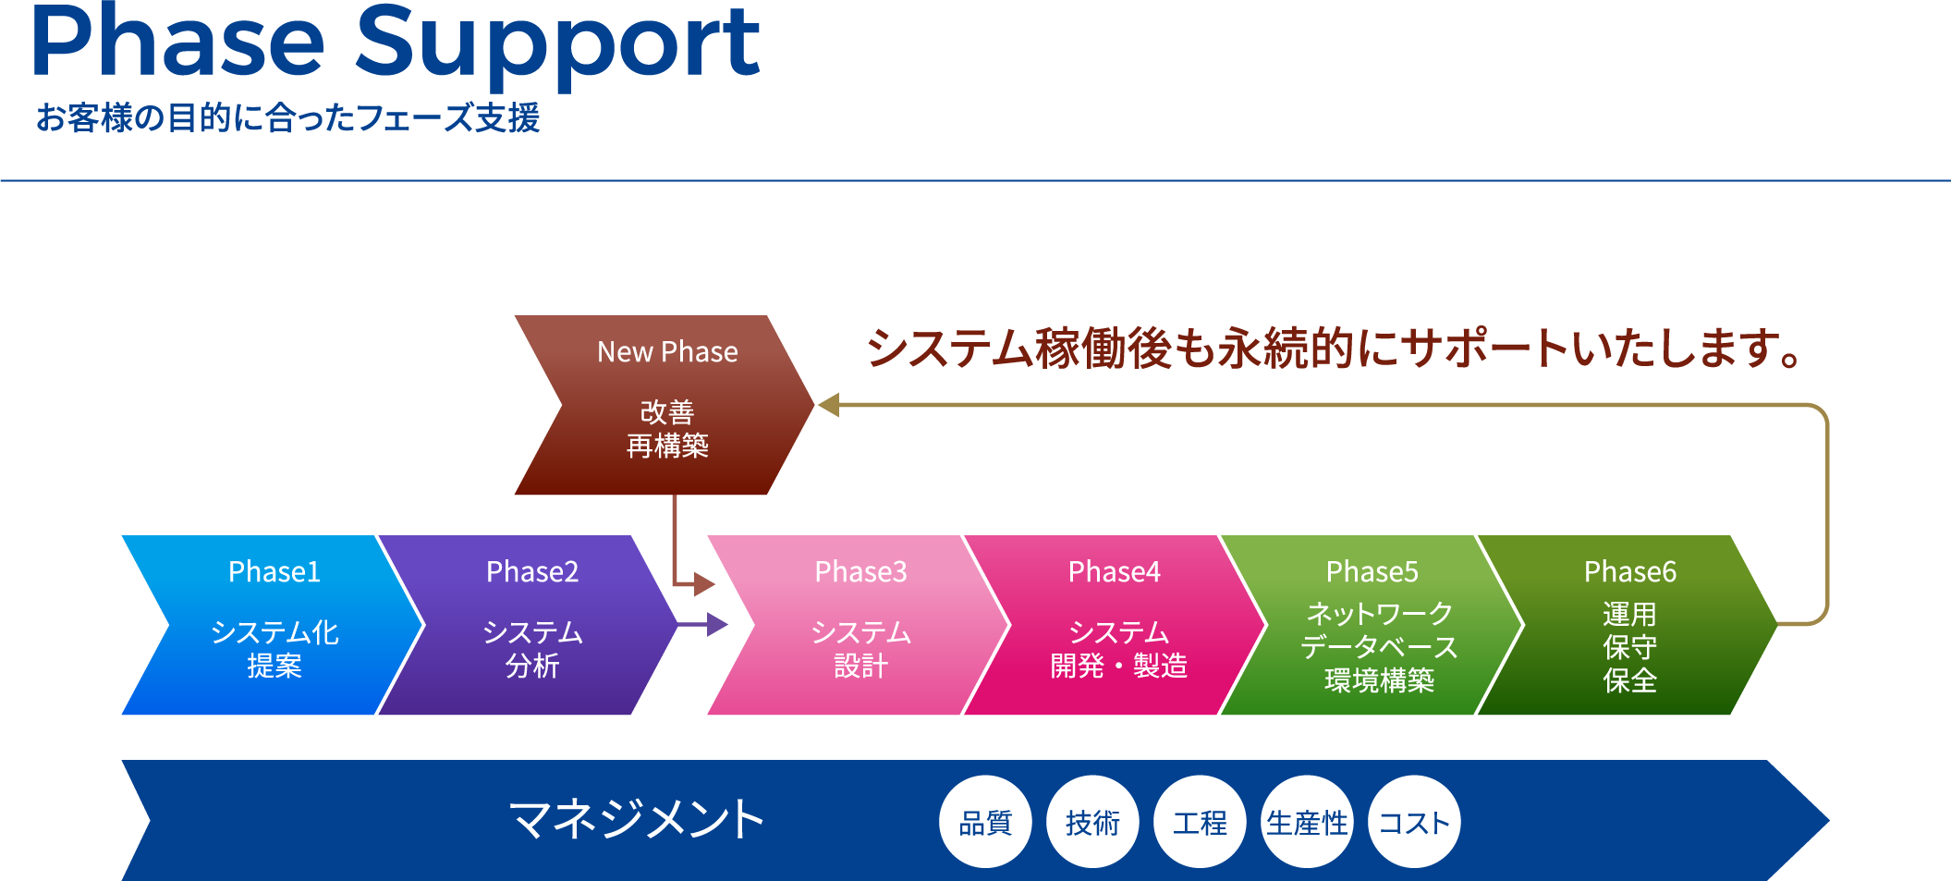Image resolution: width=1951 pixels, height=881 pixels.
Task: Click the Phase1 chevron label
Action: (274, 572)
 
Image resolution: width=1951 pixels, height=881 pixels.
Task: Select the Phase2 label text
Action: (532, 572)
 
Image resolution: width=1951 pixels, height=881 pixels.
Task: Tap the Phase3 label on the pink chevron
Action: (860, 572)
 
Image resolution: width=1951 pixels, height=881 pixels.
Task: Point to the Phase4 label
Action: (1115, 572)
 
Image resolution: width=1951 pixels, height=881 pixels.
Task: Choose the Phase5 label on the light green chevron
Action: (1372, 572)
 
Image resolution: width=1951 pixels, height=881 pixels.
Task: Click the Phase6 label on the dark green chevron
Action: (1630, 572)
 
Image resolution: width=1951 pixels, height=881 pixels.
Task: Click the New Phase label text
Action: (667, 352)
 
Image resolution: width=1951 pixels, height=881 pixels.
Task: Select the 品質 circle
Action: (985, 822)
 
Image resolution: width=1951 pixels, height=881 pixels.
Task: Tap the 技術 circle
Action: (1092, 822)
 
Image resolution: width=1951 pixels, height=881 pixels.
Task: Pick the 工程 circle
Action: (1200, 822)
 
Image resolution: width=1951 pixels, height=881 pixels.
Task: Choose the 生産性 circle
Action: (1307, 822)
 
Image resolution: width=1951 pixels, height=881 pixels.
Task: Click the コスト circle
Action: (1414, 822)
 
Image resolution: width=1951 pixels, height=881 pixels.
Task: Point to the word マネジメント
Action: (637, 820)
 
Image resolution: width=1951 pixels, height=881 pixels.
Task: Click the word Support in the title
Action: (557, 45)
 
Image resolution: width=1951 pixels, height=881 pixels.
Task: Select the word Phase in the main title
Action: (178, 41)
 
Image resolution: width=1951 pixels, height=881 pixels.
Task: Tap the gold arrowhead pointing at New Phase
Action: (828, 405)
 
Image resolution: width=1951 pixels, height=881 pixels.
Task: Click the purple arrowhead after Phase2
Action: (717, 625)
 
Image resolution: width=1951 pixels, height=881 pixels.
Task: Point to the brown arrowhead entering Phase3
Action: (704, 583)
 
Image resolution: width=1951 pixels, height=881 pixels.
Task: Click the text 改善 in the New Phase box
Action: (667, 412)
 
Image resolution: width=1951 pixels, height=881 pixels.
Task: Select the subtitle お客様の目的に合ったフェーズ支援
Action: (287, 118)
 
